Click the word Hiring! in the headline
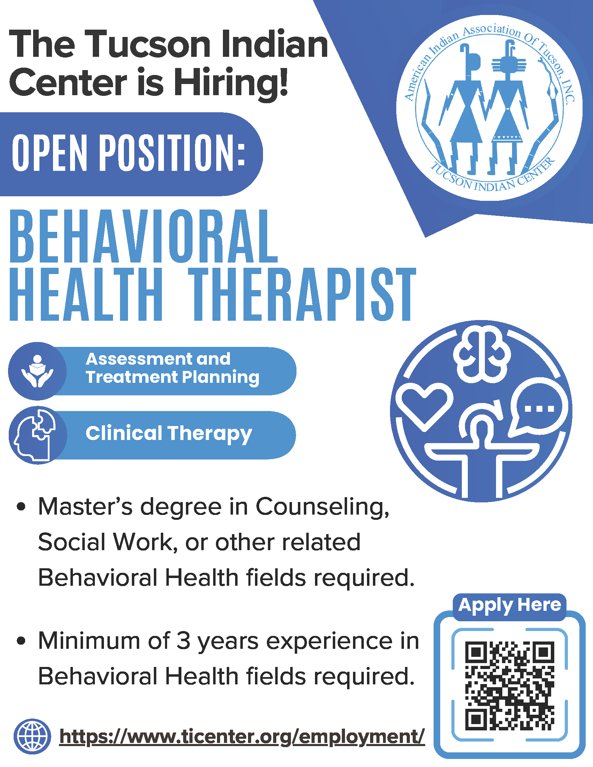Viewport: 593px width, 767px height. tap(231, 83)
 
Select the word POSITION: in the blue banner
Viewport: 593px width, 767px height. tap(172, 153)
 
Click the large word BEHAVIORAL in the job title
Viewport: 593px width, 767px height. tap(144, 236)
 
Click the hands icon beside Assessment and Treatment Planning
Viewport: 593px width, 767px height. tap(37, 371)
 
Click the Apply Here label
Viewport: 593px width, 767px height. tap(509, 605)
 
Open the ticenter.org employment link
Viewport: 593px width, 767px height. tap(242, 736)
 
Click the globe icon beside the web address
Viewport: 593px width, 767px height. tap(32, 736)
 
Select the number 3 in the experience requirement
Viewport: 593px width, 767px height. tap(183, 640)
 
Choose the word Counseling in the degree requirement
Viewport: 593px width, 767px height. tap(323, 508)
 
